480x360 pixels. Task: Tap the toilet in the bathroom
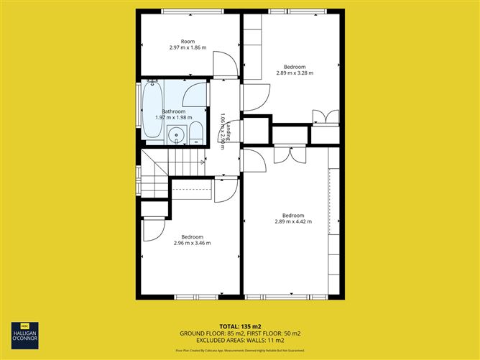pos(195,133)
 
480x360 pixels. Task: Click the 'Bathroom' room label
pos(174,111)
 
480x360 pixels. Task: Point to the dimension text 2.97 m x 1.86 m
pos(188,47)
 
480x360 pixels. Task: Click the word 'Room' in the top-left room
pos(188,41)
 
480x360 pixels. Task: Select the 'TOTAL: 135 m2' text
pos(240,326)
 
